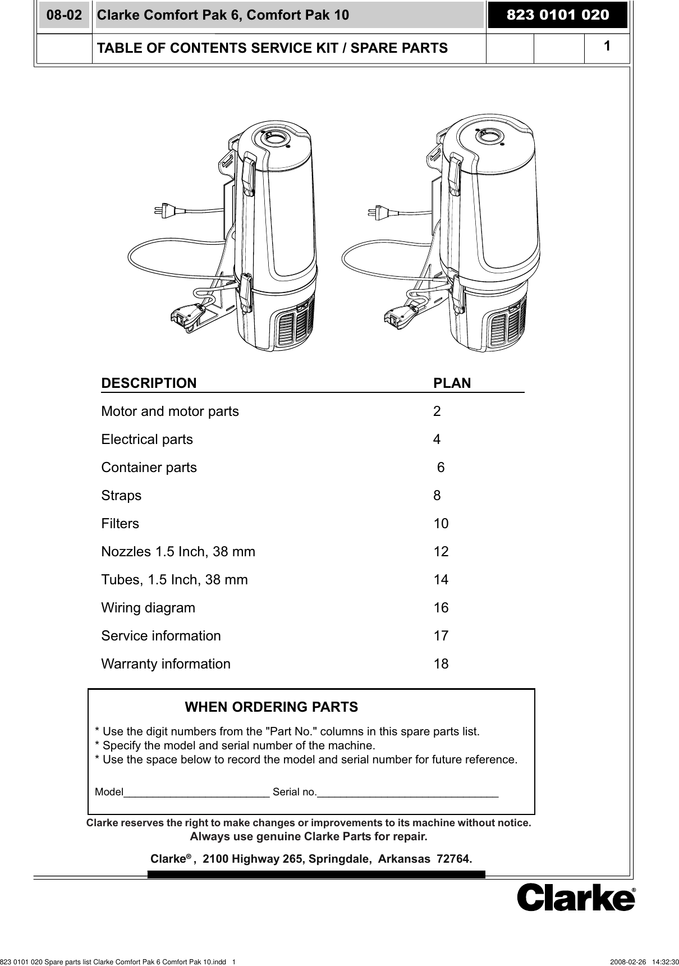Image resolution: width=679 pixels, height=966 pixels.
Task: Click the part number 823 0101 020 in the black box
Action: pos(557,15)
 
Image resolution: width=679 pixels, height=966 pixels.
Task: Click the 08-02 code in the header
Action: pos(64,15)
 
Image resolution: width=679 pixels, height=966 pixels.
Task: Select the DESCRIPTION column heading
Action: pos(149,383)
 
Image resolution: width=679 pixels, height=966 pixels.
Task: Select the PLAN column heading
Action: pos(452,383)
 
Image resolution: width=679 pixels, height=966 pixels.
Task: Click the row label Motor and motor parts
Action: pos(169,411)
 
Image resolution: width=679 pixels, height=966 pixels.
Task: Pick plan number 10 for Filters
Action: pos(441,524)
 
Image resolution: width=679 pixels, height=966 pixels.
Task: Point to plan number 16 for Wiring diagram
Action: pos(441,608)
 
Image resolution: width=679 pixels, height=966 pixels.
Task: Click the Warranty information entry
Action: pos(166,664)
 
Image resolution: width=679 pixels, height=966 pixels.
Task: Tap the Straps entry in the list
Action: pos(121,496)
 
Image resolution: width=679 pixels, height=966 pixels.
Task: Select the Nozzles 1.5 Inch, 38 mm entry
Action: pos(178,552)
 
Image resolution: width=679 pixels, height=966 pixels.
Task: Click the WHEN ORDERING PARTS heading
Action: pos(271,707)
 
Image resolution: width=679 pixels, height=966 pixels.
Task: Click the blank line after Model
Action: pos(196,793)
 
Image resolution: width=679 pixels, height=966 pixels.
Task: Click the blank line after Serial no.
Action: pos(407,793)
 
